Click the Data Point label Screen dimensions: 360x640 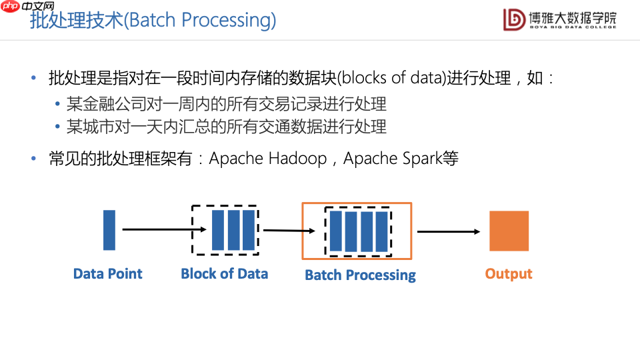click(107, 273)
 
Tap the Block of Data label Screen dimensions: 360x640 click(224, 273)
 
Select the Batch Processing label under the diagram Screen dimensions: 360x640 click(360, 275)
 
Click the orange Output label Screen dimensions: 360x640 click(509, 273)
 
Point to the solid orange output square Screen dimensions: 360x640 click(509, 231)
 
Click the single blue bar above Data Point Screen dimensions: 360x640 click(109, 230)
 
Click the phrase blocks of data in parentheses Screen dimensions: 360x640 click(391, 78)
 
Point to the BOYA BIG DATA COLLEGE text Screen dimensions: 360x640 click(572, 27)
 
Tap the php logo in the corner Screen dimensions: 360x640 click(9, 7)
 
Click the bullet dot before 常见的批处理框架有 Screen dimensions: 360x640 click(33, 159)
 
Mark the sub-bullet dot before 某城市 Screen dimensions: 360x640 click(59, 127)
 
